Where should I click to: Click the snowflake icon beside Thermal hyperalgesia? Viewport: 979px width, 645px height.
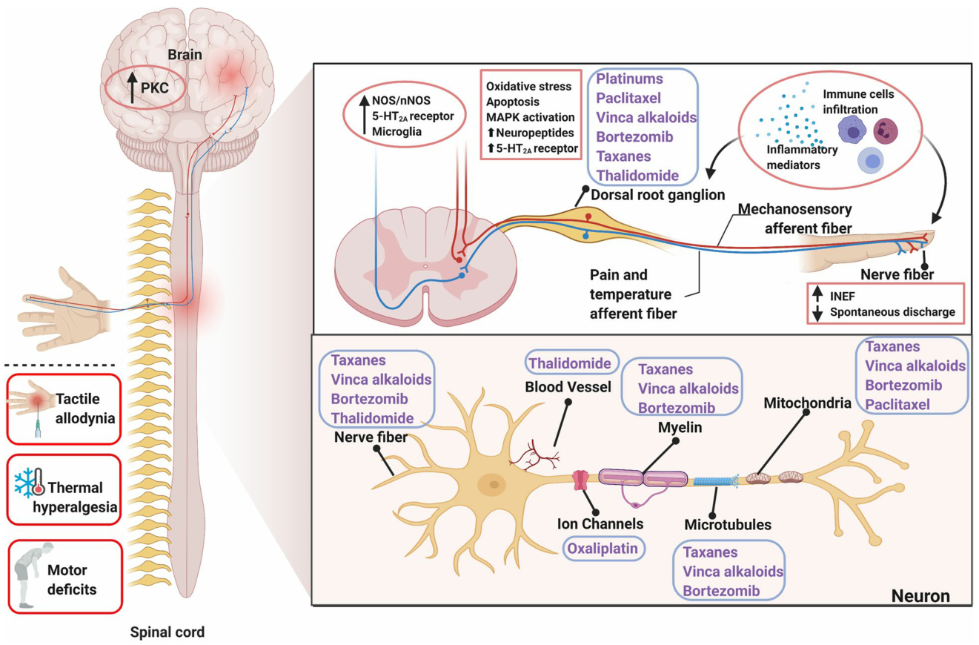pyautogui.click(x=26, y=482)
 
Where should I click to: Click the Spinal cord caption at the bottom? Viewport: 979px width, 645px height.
pyautogui.click(x=167, y=632)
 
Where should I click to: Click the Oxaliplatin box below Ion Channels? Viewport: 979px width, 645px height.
pyautogui.click(x=603, y=549)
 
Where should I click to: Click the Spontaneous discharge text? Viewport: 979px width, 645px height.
pyautogui.click(x=891, y=312)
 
